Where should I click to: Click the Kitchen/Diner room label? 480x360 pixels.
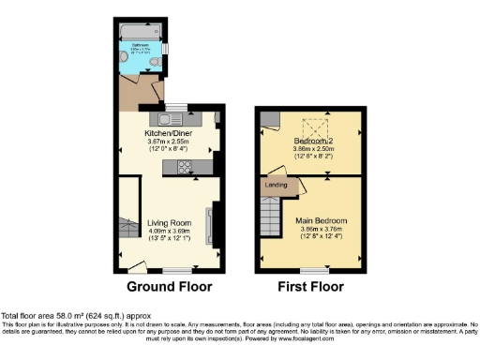(170, 132)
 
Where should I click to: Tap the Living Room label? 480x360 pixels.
(169, 222)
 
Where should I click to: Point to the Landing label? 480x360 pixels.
(277, 185)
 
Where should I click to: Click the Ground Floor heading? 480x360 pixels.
(169, 287)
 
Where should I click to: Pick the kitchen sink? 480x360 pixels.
(172, 119)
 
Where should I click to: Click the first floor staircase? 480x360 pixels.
(271, 221)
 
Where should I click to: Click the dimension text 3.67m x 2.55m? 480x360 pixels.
(170, 141)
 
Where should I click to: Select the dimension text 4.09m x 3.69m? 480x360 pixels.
(169, 231)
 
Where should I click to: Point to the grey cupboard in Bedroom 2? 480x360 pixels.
(267, 119)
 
